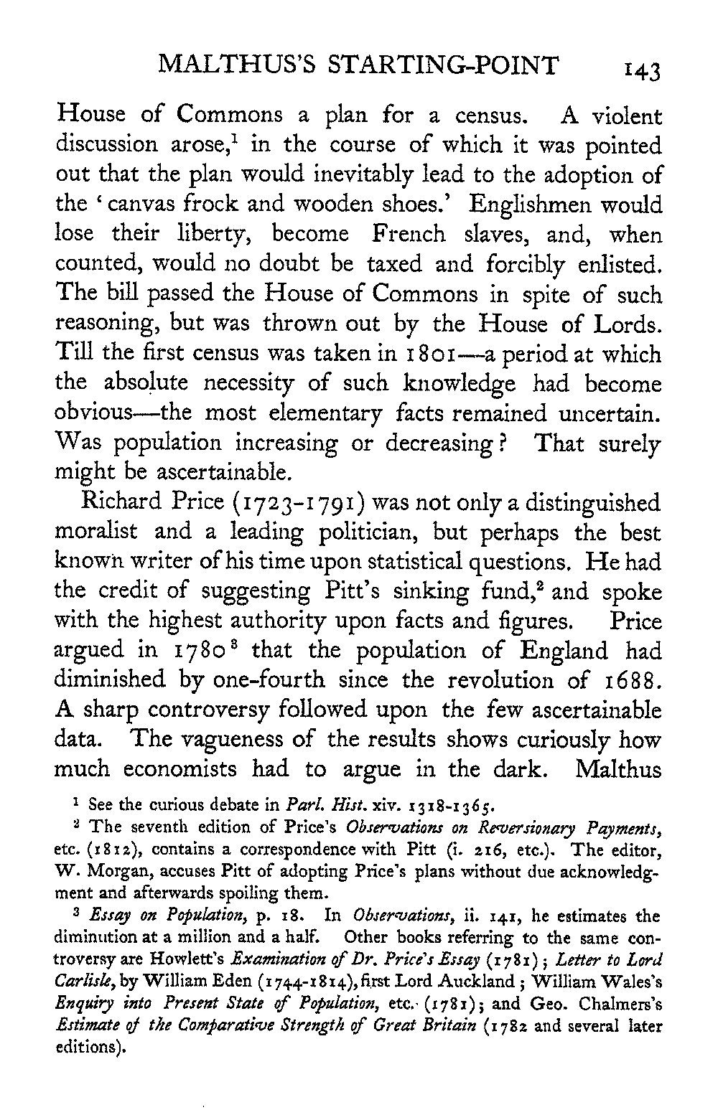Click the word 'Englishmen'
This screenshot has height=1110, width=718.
coord(540,204)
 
